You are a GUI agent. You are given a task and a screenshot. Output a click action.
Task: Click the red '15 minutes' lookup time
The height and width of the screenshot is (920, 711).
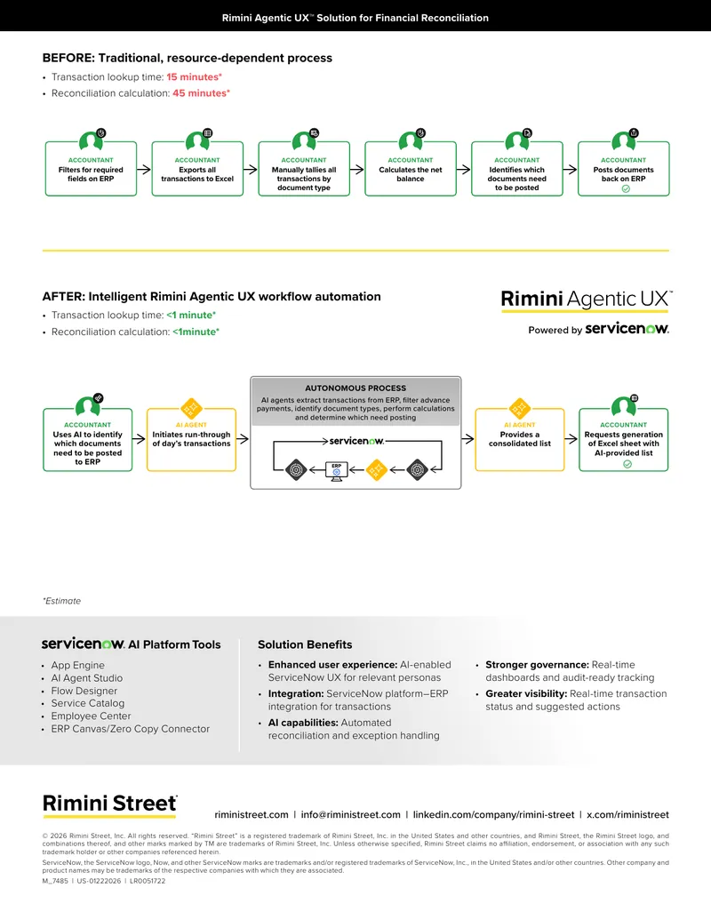(x=194, y=76)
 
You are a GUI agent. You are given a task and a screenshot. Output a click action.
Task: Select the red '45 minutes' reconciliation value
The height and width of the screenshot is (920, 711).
(x=201, y=93)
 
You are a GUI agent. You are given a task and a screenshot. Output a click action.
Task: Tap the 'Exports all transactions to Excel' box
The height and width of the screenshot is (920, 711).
(x=197, y=168)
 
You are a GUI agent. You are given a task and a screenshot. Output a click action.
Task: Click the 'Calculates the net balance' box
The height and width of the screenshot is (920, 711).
(x=410, y=168)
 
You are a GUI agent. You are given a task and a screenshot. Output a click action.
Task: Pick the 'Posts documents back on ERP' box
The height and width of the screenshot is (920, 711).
(x=623, y=168)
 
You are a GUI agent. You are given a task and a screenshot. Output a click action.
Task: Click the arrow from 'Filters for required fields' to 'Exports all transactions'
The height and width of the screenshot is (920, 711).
(x=144, y=169)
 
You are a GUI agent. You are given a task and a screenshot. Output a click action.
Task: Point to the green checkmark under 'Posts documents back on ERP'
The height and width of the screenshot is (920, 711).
(x=626, y=189)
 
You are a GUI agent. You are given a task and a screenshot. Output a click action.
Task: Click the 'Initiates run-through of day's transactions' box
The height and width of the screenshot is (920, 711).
(x=191, y=439)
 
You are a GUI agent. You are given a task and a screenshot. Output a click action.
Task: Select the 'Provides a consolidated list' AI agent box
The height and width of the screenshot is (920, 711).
(x=520, y=439)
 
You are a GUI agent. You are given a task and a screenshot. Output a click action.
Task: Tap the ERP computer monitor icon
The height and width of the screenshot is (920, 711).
(x=336, y=470)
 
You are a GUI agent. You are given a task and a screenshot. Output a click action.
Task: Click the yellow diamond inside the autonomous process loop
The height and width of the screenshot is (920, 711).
(x=376, y=470)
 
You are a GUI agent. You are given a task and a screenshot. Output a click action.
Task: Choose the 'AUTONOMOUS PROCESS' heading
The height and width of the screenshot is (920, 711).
(x=355, y=388)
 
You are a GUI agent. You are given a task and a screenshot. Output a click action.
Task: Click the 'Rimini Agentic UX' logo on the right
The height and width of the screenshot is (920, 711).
(x=586, y=300)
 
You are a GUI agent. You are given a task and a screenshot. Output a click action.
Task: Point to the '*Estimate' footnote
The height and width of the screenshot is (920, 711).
(x=61, y=601)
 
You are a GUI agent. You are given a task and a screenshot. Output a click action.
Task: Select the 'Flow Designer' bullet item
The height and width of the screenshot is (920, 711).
(x=84, y=691)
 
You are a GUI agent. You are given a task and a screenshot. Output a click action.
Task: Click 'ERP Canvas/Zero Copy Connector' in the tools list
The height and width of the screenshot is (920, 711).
(x=131, y=729)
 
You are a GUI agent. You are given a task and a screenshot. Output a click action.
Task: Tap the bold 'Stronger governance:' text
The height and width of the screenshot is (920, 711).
(x=537, y=665)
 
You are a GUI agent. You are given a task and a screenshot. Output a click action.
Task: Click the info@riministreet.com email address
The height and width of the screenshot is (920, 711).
(x=351, y=814)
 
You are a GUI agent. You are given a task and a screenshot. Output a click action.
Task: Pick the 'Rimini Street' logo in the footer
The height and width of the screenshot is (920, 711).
(x=109, y=804)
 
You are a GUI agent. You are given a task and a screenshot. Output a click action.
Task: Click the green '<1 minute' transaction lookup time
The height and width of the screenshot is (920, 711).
(x=191, y=315)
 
